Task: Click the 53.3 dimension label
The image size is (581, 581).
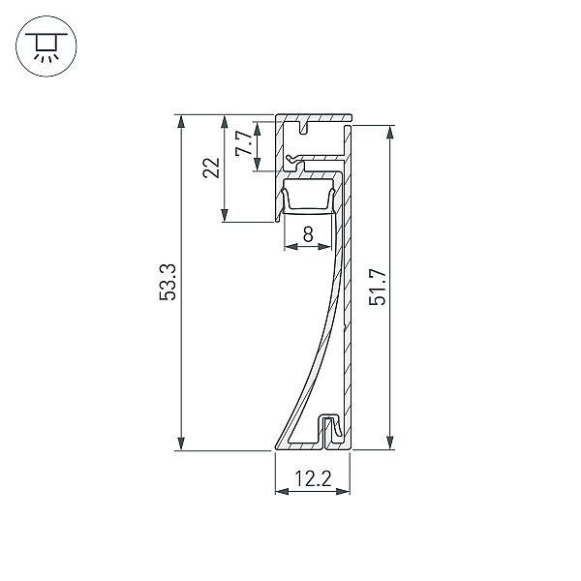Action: [168, 282]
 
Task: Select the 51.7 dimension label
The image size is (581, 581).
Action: [378, 288]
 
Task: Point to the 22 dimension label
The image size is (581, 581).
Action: [211, 168]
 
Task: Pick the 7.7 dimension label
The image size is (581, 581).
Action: [244, 143]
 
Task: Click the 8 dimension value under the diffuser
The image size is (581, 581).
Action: [308, 234]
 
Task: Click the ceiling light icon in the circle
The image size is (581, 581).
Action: [46, 46]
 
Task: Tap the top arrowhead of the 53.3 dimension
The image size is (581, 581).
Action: [181, 121]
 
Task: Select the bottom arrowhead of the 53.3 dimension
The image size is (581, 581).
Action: [181, 443]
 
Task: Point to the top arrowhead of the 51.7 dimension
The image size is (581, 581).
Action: [389, 132]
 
